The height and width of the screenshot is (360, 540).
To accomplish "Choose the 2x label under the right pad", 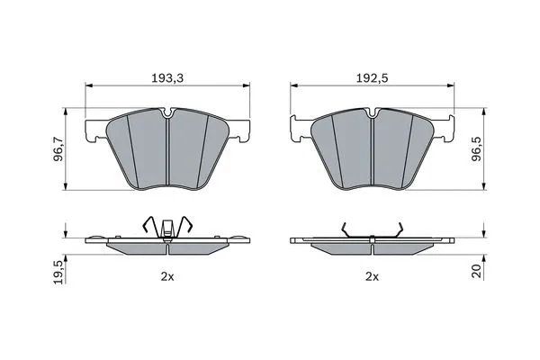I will pos(372,278).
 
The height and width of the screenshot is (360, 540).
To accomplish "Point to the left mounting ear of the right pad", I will pos(298,131).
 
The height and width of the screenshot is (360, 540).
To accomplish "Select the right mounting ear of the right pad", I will pos(445,131).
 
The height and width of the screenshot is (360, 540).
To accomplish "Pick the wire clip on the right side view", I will pos(372,231).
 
